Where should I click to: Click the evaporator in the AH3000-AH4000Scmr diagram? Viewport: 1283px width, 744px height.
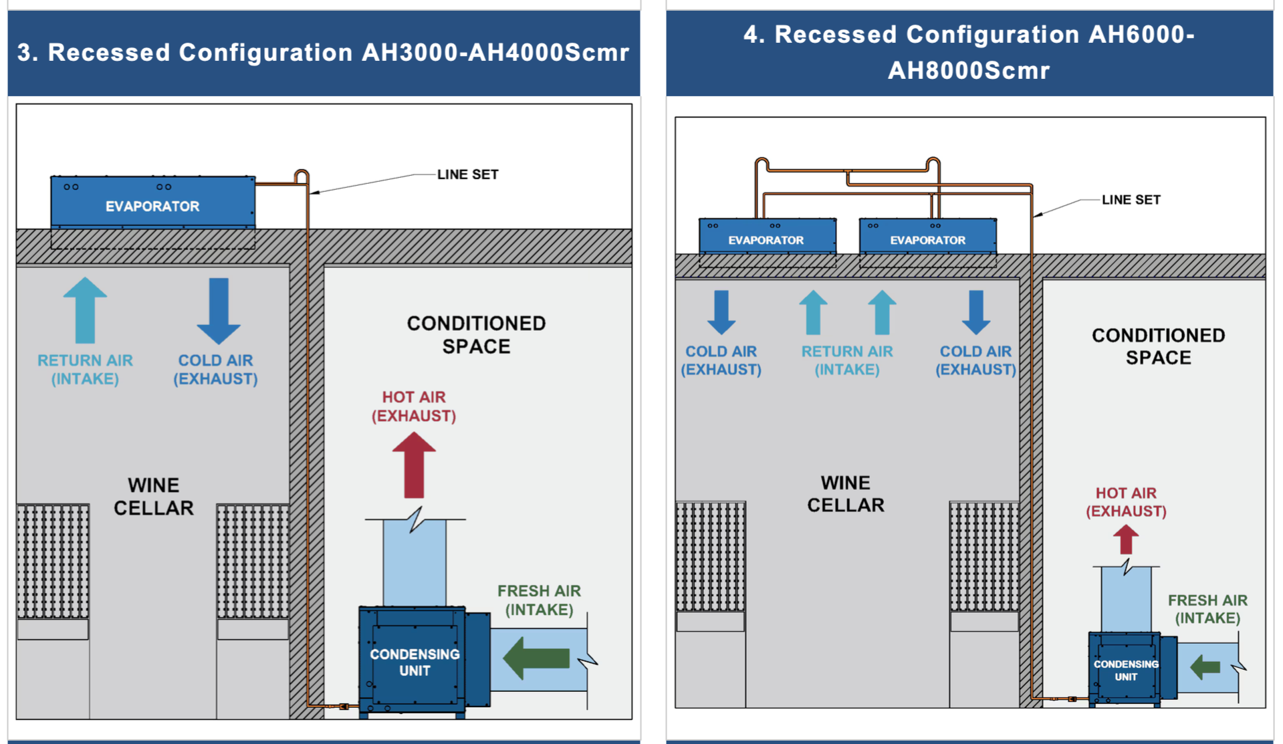tap(152, 203)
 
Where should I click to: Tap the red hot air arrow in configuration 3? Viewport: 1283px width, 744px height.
tap(414, 465)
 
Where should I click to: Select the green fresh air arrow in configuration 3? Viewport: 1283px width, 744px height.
tap(536, 658)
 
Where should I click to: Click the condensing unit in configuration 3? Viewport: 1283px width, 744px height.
tap(414, 662)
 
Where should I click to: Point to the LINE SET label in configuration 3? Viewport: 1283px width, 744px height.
tap(467, 174)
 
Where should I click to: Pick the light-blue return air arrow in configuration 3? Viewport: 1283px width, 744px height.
tap(85, 310)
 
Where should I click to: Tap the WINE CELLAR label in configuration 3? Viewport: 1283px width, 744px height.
tap(154, 497)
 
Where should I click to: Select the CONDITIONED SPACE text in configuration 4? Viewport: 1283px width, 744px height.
tap(1158, 346)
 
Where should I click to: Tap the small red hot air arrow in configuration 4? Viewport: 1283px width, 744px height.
tap(1126, 539)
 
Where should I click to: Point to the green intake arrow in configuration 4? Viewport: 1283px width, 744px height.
tap(1205, 666)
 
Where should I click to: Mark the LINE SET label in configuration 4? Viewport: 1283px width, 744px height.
tap(1131, 200)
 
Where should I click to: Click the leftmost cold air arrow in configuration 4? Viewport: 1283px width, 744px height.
tap(721, 312)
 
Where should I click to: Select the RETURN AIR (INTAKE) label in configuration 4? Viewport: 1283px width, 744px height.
tap(847, 360)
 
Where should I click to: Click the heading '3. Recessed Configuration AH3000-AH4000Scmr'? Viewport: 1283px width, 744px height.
tap(324, 52)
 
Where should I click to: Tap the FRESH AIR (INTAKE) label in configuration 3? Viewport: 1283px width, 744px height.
tap(539, 600)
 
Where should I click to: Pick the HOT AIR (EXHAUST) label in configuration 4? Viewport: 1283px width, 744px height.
tap(1126, 502)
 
